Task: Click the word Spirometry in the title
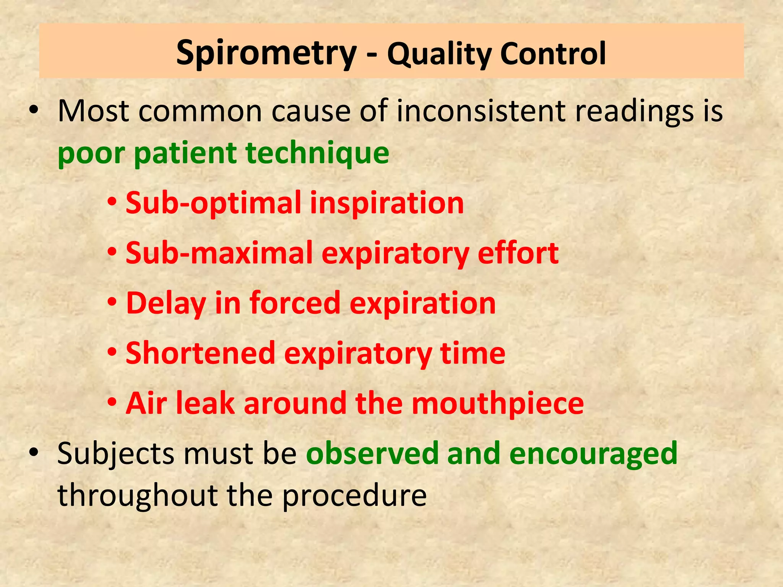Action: click(x=266, y=54)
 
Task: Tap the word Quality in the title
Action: click(x=439, y=54)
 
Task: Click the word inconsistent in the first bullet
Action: click(x=481, y=111)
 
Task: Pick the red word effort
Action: click(x=518, y=253)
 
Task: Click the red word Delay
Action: click(x=166, y=303)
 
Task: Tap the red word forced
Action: click(x=295, y=303)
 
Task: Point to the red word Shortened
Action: click(x=200, y=353)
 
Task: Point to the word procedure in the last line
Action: click(x=354, y=496)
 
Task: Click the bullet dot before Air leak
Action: click(x=112, y=402)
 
